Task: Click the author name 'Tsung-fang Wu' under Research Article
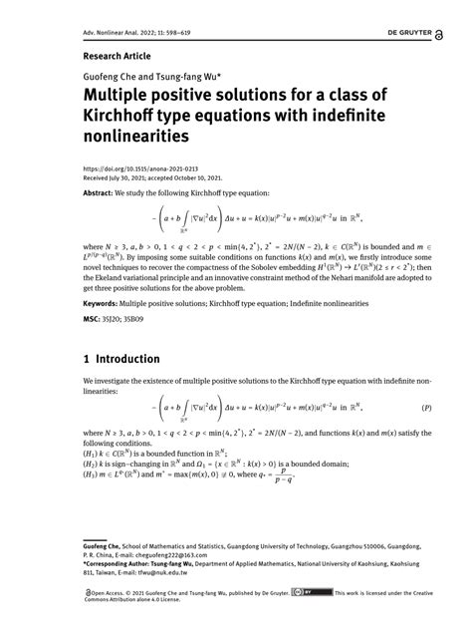coord(185,75)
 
